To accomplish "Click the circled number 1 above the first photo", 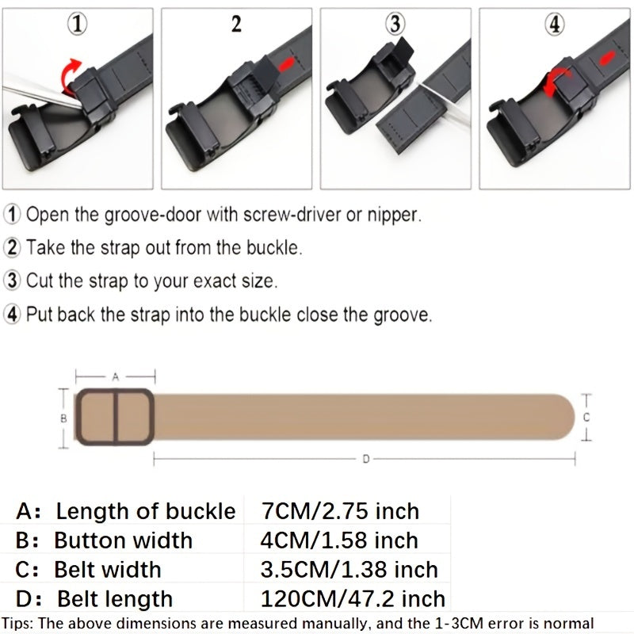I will click(x=77, y=25).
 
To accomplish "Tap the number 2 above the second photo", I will click(x=236, y=24).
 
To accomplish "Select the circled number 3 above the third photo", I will click(x=395, y=25).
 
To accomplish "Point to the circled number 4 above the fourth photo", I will click(x=555, y=25).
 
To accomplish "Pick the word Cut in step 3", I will click(x=40, y=281).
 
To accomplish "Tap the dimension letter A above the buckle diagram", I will click(x=116, y=377).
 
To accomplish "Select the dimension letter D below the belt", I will click(x=365, y=459).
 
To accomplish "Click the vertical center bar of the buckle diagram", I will click(x=116, y=418).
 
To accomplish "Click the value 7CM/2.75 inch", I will click(x=340, y=511).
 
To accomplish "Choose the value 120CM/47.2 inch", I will click(x=353, y=598).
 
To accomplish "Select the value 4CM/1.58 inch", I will click(x=339, y=540).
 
